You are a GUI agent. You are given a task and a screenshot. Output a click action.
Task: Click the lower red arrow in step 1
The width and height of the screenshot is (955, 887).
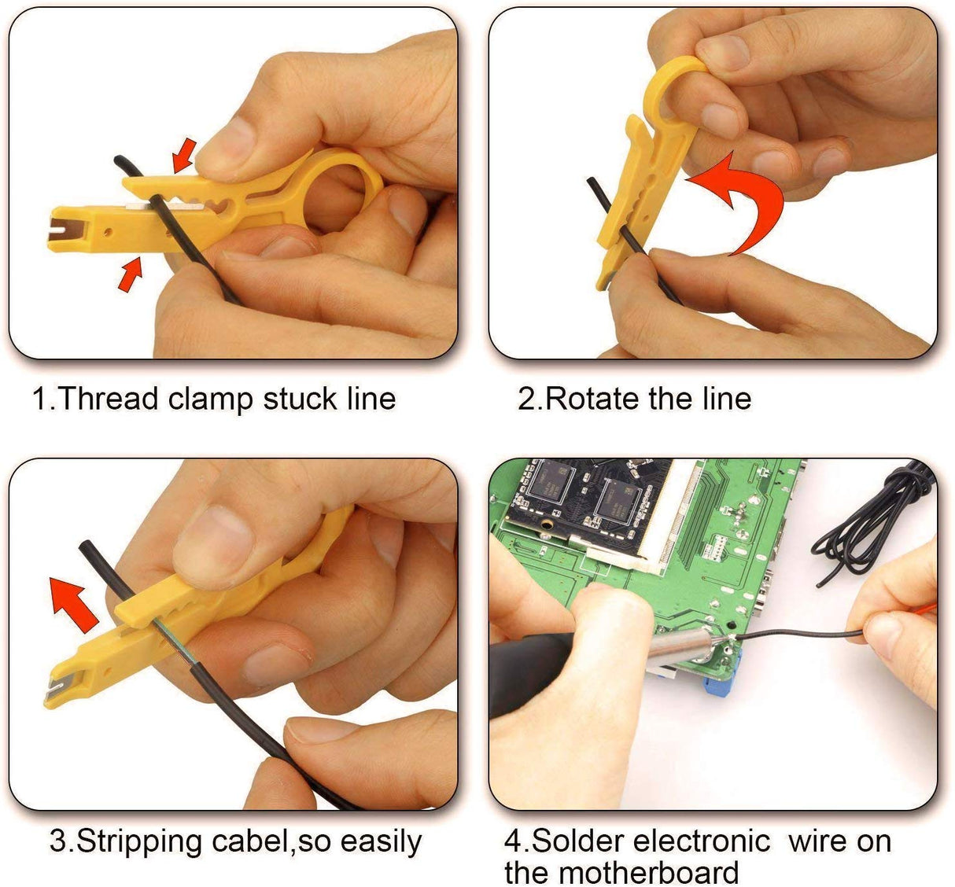[131, 274]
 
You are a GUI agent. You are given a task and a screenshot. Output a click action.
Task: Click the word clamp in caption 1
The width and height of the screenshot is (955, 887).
[211, 399]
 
